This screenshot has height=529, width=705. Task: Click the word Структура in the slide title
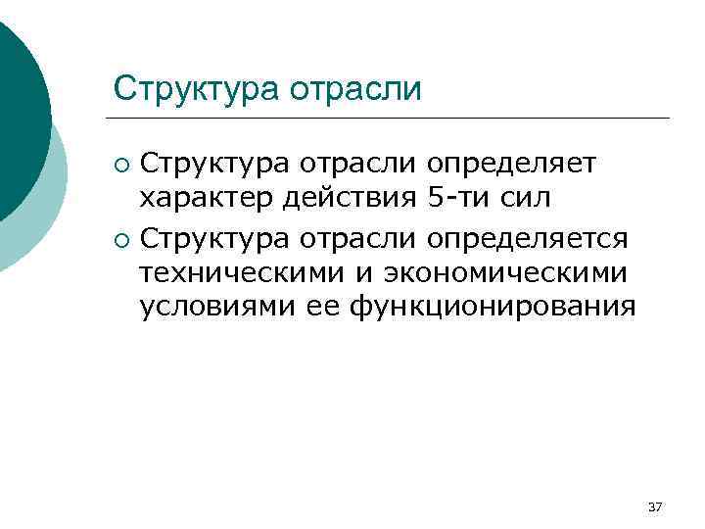pos(194,89)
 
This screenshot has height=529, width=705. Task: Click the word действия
pos(351,198)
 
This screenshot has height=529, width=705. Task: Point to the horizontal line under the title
pos(392,119)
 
